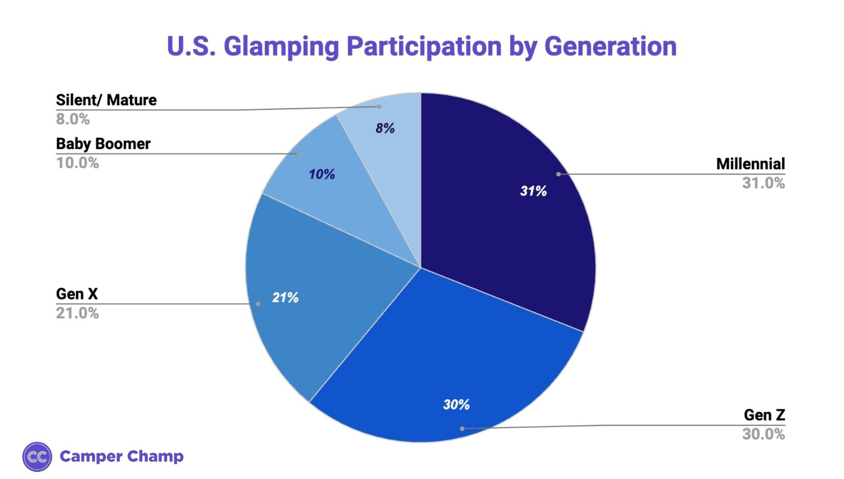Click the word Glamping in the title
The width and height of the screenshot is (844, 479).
tap(281, 47)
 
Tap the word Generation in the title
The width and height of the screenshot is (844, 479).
tap(610, 46)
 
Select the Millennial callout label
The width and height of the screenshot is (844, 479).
tap(750, 164)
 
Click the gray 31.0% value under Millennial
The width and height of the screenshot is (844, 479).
tap(763, 183)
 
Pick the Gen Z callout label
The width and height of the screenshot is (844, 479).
tap(764, 415)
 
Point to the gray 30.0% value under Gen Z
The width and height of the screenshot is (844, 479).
tap(763, 434)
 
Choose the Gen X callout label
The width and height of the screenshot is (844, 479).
tap(77, 294)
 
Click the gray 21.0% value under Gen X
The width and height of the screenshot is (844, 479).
tap(77, 313)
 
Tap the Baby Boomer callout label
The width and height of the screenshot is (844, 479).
tap(103, 144)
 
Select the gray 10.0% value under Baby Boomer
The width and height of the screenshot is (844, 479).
tap(77, 163)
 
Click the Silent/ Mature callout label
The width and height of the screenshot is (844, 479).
tap(106, 100)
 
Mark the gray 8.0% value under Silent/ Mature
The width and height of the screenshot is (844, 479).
tap(73, 119)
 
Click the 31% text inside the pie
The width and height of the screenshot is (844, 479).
tap(533, 191)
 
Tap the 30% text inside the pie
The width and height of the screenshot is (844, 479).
tap(456, 405)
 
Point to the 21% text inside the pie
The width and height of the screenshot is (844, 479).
tap(285, 297)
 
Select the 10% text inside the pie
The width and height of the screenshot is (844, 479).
tap(321, 174)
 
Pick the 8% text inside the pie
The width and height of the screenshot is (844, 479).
tap(385, 128)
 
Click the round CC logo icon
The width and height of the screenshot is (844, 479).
tap(37, 456)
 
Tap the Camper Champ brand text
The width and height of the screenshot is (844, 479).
tap(121, 456)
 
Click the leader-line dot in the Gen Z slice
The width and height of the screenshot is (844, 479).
tap(462, 429)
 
